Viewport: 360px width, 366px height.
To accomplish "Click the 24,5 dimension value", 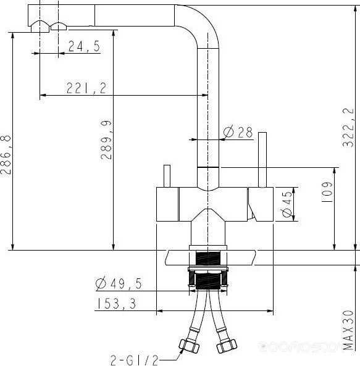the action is tap(84, 46).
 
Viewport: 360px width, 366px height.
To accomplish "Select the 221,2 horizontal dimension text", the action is tap(86, 88).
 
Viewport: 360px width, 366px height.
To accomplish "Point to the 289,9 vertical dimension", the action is tap(106, 140).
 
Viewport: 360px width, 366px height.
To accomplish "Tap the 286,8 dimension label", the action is tap(6, 155).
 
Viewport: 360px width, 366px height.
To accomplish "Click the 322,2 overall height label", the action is tap(348, 127).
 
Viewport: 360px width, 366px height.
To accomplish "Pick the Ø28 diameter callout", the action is tap(238, 132).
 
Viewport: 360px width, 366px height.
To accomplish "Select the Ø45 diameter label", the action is tap(287, 204).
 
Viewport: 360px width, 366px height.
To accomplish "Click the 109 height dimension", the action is tap(327, 192).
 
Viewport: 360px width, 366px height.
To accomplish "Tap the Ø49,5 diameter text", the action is tap(119, 283).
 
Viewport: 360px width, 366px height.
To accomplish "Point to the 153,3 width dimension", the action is tap(116, 304).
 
